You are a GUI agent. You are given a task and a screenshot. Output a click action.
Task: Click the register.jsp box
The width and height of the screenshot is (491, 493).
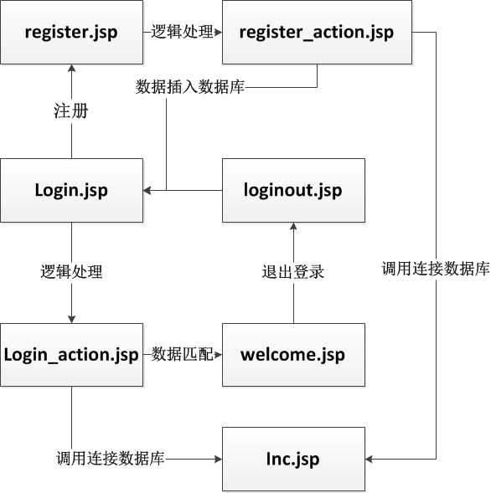(x=70, y=33)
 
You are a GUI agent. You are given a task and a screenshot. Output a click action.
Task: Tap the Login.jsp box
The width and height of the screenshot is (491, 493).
(x=70, y=190)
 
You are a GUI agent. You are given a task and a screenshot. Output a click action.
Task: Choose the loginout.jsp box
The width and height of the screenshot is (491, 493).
(x=293, y=190)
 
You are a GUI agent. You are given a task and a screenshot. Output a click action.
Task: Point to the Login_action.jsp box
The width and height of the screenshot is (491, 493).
(x=70, y=354)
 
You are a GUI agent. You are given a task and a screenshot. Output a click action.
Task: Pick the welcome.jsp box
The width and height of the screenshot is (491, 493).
(x=293, y=354)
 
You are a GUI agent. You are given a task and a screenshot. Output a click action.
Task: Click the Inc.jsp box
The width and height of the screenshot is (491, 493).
(x=293, y=459)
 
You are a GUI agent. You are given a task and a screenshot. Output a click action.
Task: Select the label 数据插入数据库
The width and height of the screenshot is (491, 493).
(x=190, y=87)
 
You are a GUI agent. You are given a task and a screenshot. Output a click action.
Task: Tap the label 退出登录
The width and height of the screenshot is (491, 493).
(x=292, y=272)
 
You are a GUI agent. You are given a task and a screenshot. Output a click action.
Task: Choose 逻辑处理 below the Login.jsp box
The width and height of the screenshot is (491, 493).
(x=70, y=272)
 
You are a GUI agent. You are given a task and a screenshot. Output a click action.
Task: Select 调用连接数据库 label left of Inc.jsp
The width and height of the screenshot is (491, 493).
(x=110, y=459)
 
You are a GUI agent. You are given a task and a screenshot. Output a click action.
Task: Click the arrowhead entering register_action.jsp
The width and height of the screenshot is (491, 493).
(x=218, y=33)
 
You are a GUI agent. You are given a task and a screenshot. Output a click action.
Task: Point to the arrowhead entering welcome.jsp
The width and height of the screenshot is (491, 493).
(x=218, y=354)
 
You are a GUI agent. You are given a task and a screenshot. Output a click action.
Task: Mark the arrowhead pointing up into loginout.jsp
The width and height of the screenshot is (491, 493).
(x=293, y=227)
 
